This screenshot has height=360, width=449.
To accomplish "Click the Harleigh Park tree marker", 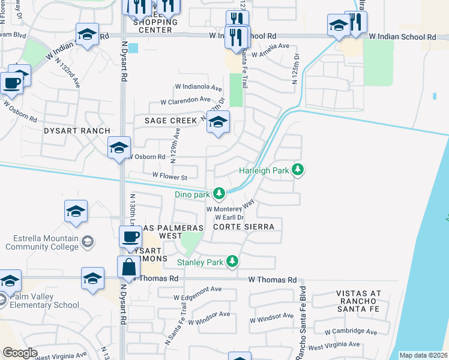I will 297,170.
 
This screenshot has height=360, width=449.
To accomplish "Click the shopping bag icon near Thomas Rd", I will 129,266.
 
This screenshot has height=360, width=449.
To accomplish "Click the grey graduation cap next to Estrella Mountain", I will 88,242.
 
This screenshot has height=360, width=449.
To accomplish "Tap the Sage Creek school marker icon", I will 218,122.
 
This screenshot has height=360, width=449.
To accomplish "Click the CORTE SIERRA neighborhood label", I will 244,227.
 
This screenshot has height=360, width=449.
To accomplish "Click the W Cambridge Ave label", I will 351,332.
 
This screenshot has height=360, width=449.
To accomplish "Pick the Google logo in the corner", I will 20,353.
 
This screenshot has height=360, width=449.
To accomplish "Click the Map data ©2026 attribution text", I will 423,355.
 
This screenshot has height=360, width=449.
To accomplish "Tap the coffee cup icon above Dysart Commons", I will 130,236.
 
